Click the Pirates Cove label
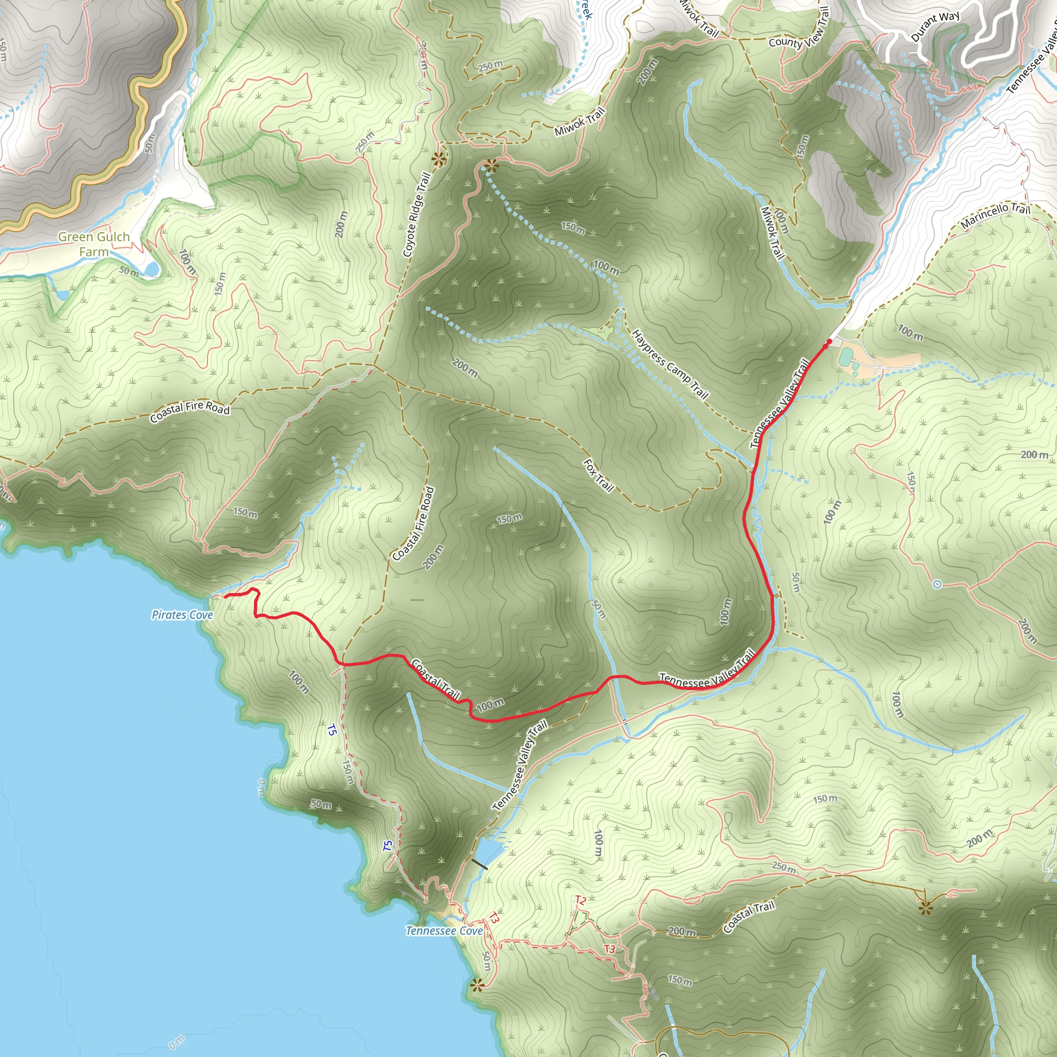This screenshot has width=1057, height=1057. [x=182, y=615]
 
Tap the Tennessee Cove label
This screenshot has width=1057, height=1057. [x=444, y=931]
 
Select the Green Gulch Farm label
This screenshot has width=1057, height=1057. [x=93, y=244]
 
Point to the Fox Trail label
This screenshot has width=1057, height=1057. [x=599, y=475]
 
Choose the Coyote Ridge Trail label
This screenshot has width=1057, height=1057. [x=417, y=215]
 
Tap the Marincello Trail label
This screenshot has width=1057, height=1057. [x=995, y=215]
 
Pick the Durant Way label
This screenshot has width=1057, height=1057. [x=935, y=26]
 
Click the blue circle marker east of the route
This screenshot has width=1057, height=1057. [x=937, y=584]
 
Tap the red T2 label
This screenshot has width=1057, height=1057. [x=581, y=900]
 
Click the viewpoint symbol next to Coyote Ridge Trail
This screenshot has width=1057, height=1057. [x=438, y=159]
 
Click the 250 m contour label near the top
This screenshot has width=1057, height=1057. [x=490, y=66]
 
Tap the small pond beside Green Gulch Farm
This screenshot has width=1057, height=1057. [x=151, y=268]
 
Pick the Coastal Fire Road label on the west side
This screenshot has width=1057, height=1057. [x=190, y=411]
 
